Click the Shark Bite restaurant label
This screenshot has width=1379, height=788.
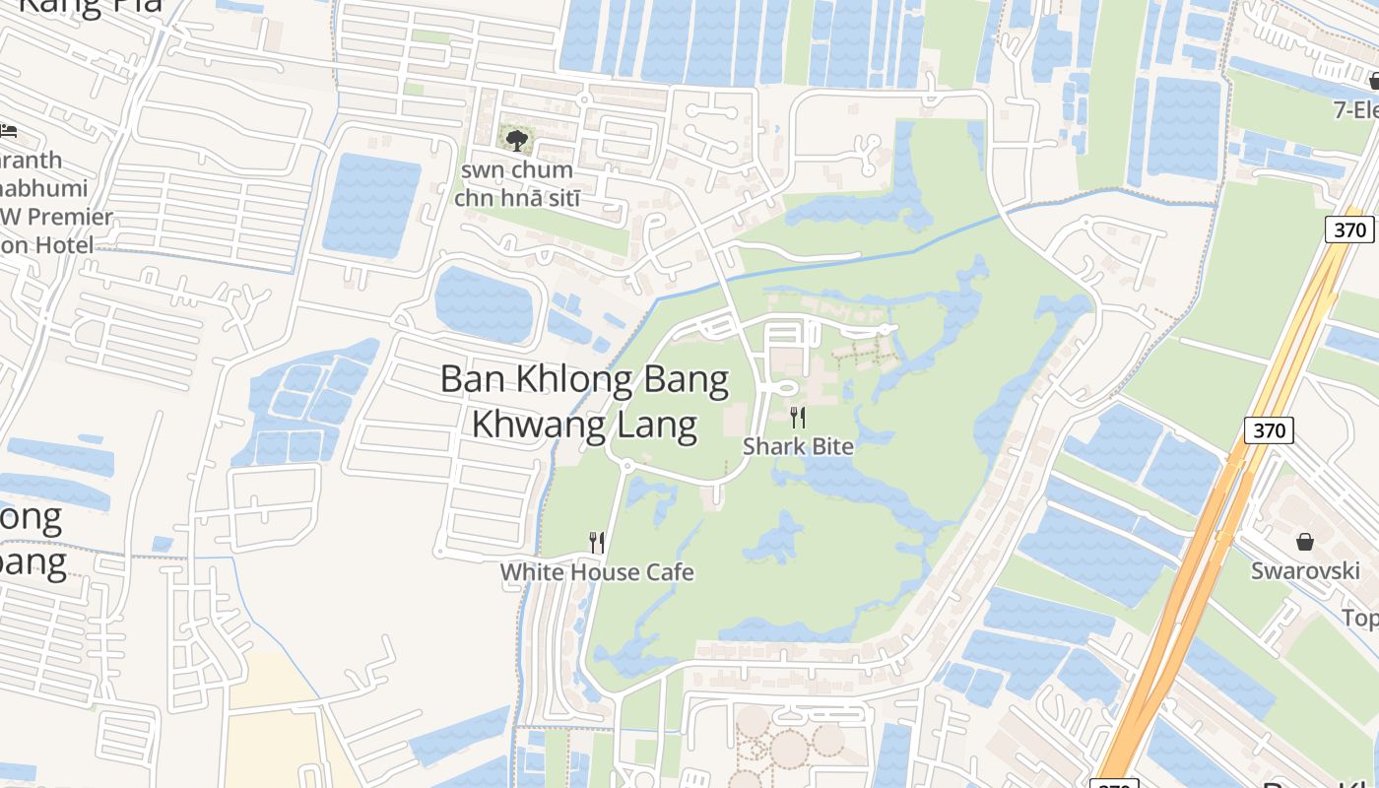coord(798,446)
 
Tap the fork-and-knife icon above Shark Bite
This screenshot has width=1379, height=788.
coord(798,418)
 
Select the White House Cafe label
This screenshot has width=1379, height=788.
coord(597,572)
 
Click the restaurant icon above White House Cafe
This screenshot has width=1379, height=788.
coord(596,542)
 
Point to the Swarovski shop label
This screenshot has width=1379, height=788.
coord(1305,571)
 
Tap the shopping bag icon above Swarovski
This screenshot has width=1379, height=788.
coord(1305,542)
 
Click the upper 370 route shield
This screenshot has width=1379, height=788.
coord(1349,230)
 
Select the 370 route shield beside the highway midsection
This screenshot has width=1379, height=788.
coord(1270,430)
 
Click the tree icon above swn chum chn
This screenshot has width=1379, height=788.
coord(516,140)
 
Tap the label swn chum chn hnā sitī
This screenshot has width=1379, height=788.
coord(516,184)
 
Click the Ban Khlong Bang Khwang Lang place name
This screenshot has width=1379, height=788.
coord(584,402)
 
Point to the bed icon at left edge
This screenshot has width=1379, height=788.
coord(8,130)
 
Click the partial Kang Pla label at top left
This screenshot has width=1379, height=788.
coord(89,8)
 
